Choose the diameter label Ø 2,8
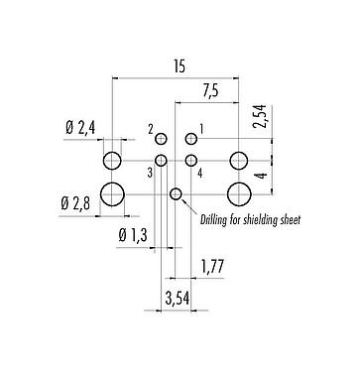(x=76, y=204)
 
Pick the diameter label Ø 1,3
(x=135, y=235)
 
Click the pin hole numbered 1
(x=191, y=140)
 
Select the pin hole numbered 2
(x=161, y=140)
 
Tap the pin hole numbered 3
(x=161, y=160)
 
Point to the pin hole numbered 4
(x=191, y=160)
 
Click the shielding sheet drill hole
(x=177, y=193)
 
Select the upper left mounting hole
(x=114, y=161)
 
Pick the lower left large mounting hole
(x=114, y=193)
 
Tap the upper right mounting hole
(x=238, y=161)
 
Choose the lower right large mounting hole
(x=238, y=193)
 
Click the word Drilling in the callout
(x=216, y=219)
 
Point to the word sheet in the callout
(x=289, y=219)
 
